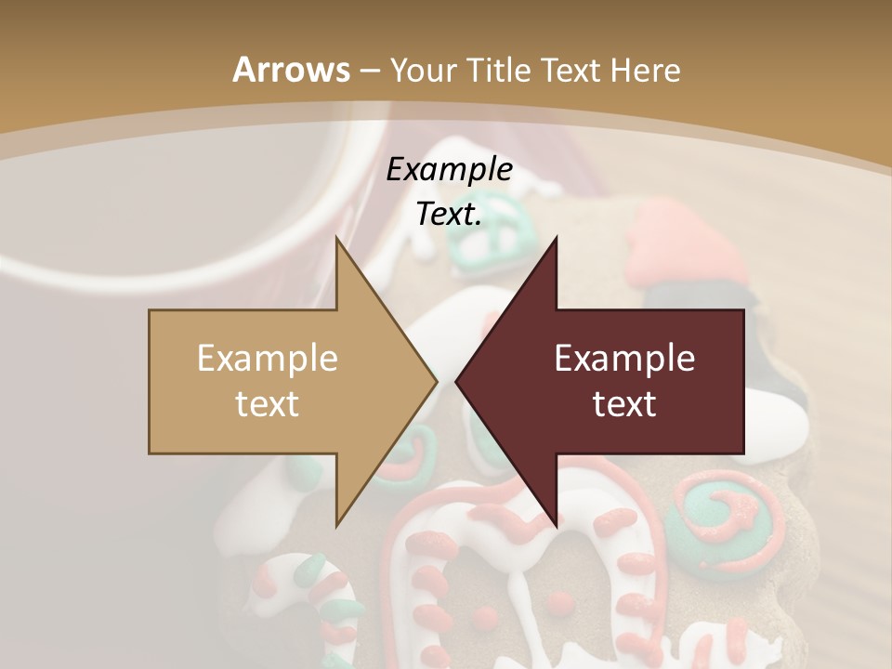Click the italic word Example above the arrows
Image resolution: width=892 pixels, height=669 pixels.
click(x=449, y=169)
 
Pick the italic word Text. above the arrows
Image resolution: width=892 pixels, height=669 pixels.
click(x=449, y=214)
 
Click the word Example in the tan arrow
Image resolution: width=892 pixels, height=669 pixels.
click(x=267, y=358)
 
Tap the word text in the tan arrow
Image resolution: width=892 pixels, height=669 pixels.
click(x=267, y=403)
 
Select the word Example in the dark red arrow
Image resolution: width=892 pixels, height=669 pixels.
click(x=624, y=358)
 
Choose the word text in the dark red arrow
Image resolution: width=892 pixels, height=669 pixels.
click(x=624, y=403)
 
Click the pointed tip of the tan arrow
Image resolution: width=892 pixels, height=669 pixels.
click(x=437, y=381)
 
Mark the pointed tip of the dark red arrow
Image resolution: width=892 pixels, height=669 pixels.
click(x=456, y=381)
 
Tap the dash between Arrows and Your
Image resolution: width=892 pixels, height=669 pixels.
click(x=370, y=71)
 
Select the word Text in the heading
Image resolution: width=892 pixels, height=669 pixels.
click(x=571, y=70)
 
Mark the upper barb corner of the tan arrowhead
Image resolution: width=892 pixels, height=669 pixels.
click(x=336, y=238)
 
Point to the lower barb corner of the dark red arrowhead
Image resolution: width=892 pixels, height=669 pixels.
click(x=557, y=524)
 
